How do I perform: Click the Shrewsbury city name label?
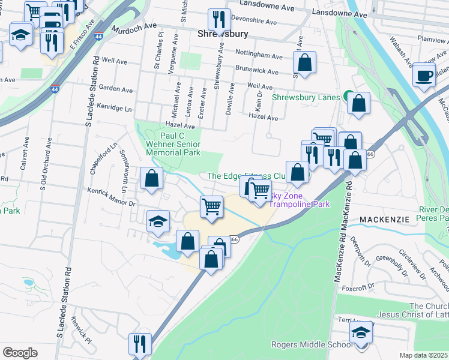[219, 34]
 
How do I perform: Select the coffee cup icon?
[424, 76]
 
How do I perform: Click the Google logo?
[20, 352]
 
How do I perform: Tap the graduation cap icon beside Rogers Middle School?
[361, 334]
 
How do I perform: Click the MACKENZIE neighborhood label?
[384, 220]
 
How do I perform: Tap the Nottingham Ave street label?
[259, 56]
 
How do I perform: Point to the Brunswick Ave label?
[256, 71]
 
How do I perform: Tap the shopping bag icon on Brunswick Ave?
[304, 62]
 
